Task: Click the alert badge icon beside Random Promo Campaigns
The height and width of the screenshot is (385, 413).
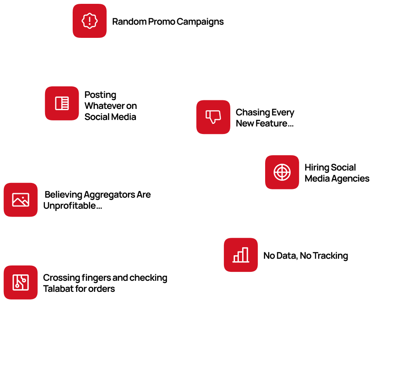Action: click(89, 21)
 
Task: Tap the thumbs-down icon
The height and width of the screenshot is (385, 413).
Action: click(213, 117)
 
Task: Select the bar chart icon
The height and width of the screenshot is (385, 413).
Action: click(240, 255)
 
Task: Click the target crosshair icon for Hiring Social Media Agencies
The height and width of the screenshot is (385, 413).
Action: click(282, 172)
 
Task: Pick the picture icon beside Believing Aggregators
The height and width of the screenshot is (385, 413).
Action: click(20, 200)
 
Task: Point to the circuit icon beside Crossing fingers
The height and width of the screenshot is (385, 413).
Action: click(20, 282)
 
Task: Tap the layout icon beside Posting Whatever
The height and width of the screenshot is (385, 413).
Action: click(62, 103)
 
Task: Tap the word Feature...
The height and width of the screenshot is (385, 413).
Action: click(271, 124)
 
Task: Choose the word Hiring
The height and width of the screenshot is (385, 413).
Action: click(316, 168)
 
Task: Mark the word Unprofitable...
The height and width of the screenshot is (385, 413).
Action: click(70, 206)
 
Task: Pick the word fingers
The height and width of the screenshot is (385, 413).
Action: click(96, 278)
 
